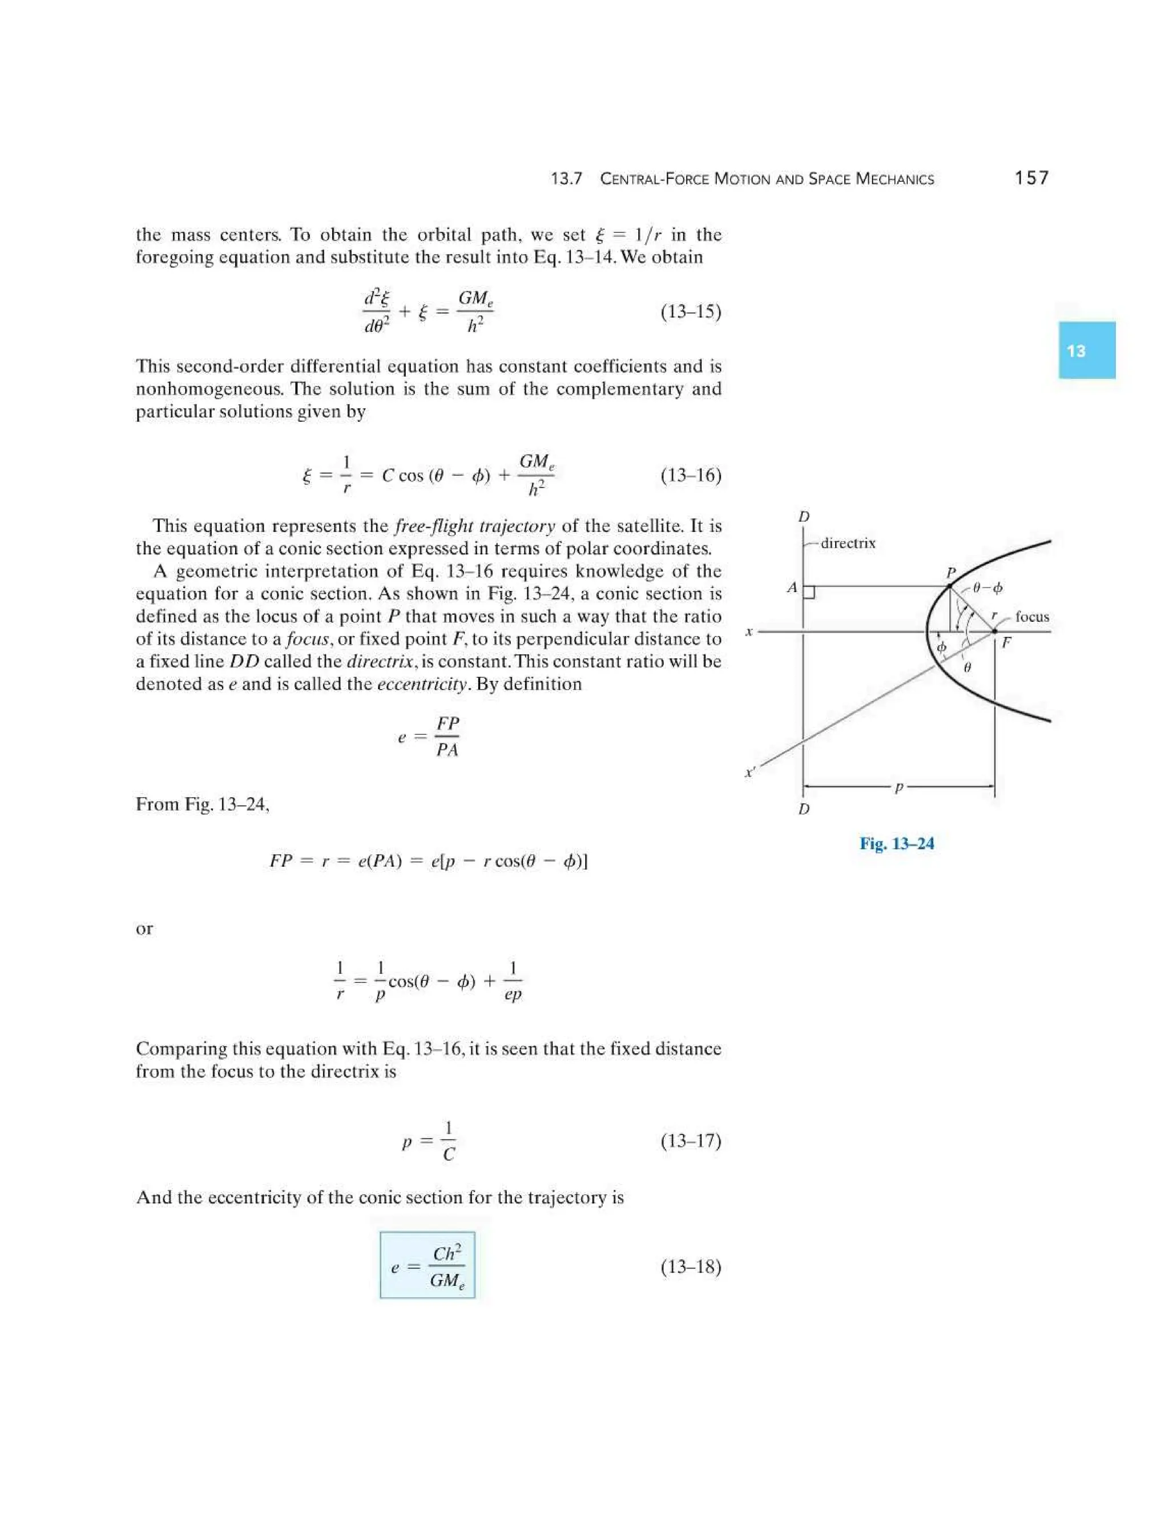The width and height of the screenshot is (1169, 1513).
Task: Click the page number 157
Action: [x=1031, y=178]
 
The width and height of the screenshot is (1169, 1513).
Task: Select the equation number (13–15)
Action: [x=691, y=312]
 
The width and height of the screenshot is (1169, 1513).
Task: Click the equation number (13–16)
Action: [x=691, y=475]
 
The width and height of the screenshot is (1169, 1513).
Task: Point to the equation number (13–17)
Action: [x=691, y=1141]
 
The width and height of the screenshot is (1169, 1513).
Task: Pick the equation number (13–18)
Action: [x=691, y=1267]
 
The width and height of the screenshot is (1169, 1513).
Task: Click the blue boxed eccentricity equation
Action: [x=428, y=1265]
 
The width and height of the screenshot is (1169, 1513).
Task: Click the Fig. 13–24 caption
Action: [x=896, y=844]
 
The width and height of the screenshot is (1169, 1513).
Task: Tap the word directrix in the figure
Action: [x=848, y=543]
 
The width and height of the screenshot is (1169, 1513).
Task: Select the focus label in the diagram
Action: [x=1032, y=617]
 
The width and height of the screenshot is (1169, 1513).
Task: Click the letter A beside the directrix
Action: [x=792, y=588]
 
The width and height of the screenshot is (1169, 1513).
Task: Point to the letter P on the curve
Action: [x=952, y=573]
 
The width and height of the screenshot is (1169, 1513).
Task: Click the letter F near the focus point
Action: [x=1006, y=643]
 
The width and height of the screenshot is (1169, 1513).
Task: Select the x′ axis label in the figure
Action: [x=750, y=772]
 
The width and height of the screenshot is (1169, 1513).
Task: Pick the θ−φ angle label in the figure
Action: [x=987, y=588]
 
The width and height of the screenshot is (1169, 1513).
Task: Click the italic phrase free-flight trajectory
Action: [x=474, y=526]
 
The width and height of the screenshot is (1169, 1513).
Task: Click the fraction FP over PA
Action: [x=448, y=737]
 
